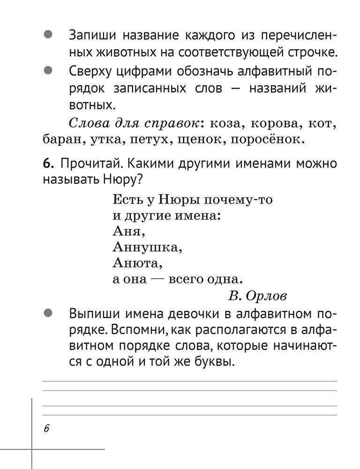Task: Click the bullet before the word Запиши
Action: coord(47,35)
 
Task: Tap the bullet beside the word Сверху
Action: coord(47,71)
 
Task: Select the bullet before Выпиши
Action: coord(47,312)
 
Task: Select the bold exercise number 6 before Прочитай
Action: coord(48,164)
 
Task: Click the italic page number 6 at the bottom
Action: coord(46,429)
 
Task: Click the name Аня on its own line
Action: coord(127,231)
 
